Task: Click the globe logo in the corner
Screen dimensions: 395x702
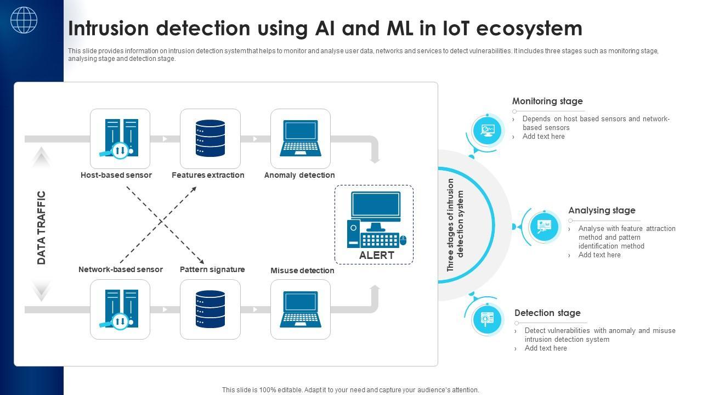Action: [24, 20]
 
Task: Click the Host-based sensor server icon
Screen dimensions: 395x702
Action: [120, 138]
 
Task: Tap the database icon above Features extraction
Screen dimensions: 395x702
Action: [210, 138]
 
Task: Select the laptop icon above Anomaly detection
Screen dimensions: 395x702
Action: [300, 138]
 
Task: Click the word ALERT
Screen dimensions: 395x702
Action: [377, 255]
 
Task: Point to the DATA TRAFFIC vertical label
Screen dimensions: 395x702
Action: [42, 227]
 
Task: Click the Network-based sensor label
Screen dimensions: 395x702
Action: [121, 269]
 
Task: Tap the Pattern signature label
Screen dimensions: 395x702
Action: [212, 269]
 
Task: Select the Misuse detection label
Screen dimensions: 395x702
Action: [302, 270]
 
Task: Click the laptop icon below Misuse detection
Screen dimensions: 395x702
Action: [300, 309]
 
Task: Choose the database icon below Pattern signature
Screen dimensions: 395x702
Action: [210, 309]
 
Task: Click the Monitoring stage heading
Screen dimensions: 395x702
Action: [547, 101]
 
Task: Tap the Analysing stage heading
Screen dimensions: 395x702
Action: [602, 210]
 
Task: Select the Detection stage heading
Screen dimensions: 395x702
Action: [547, 313]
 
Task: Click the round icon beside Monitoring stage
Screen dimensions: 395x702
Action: [487, 130]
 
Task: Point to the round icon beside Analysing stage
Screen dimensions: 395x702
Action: [544, 226]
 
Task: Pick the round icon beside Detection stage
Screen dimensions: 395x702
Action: [487, 319]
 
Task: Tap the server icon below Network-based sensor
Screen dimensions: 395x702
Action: [120, 309]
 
